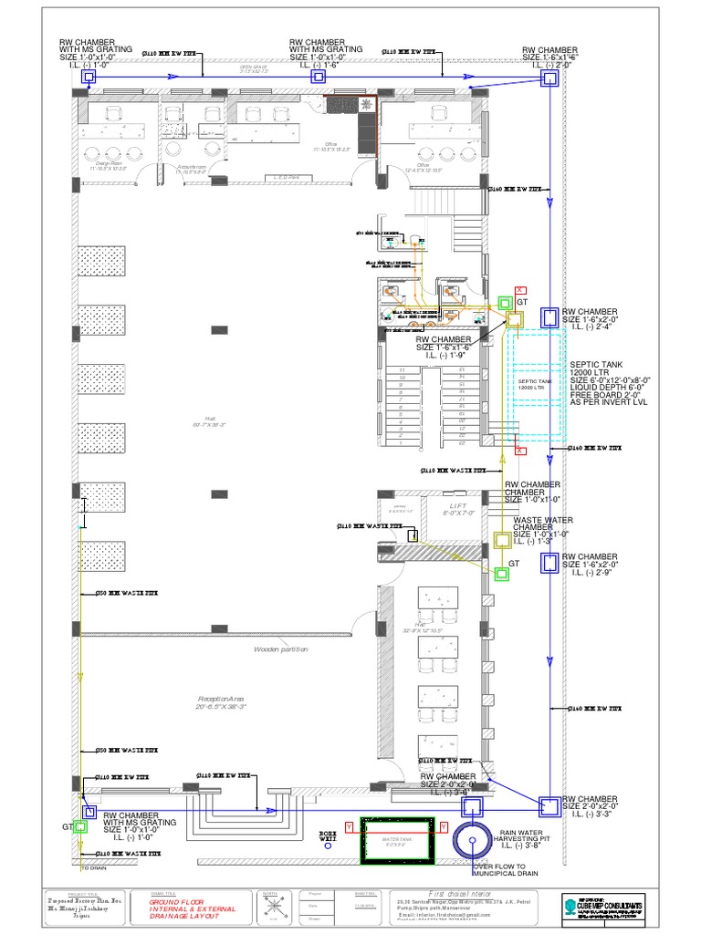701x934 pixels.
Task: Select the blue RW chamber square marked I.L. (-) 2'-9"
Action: [549, 565]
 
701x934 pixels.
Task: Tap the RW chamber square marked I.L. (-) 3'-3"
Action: [549, 806]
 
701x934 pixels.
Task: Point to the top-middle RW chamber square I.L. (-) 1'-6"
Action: [318, 78]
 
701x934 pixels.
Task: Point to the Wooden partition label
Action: [281, 649]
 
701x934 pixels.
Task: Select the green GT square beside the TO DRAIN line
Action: [80, 827]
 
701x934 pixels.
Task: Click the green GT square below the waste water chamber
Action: [501, 573]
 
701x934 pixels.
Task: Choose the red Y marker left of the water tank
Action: [348, 826]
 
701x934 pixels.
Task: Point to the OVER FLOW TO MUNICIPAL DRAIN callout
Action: [512, 870]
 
